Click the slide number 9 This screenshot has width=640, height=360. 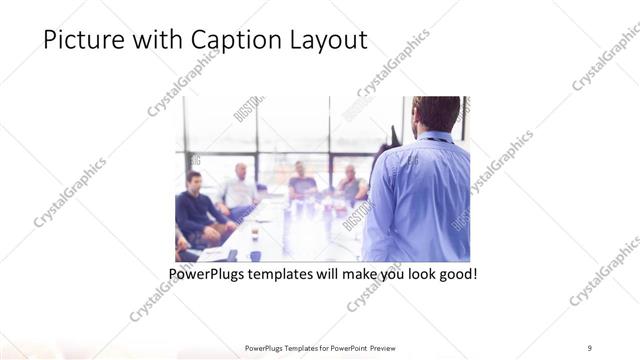590,347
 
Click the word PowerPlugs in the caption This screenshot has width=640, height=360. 207,273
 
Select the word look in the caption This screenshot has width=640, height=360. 414,273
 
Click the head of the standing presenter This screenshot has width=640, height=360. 436,113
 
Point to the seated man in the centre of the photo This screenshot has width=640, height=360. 301,183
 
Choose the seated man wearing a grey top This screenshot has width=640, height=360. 350,184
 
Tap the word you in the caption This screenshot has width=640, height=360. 382,273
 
